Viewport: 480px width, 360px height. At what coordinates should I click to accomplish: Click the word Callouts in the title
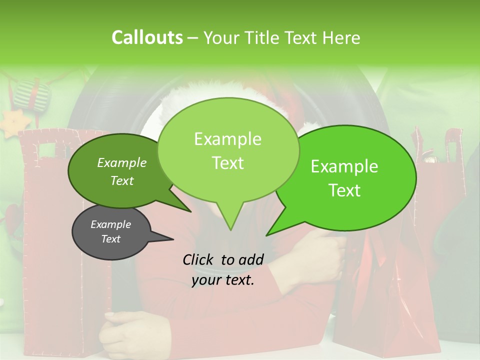(147, 38)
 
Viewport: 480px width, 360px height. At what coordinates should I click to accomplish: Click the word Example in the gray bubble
(110, 224)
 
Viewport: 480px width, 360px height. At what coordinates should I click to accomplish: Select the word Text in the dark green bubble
(122, 180)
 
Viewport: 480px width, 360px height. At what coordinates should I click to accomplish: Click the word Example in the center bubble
(227, 139)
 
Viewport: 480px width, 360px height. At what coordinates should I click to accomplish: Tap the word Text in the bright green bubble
(344, 190)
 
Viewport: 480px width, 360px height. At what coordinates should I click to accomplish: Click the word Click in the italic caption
(199, 259)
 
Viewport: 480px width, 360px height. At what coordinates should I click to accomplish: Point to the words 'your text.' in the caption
(223, 280)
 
